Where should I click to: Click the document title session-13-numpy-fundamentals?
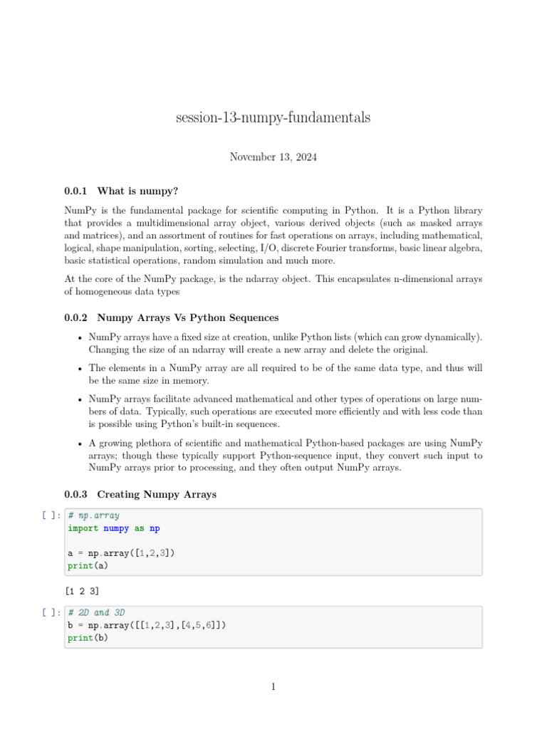(273, 118)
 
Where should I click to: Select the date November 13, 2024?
(273, 157)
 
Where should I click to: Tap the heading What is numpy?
(137, 191)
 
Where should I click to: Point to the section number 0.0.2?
(75, 318)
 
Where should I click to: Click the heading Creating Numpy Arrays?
(157, 494)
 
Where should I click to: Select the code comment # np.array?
(94, 515)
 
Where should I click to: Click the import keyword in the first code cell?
(83, 528)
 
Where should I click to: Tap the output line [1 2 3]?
(81, 591)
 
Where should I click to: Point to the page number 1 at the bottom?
(273, 687)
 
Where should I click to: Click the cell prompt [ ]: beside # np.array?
(51, 515)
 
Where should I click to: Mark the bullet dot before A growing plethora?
(79, 444)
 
